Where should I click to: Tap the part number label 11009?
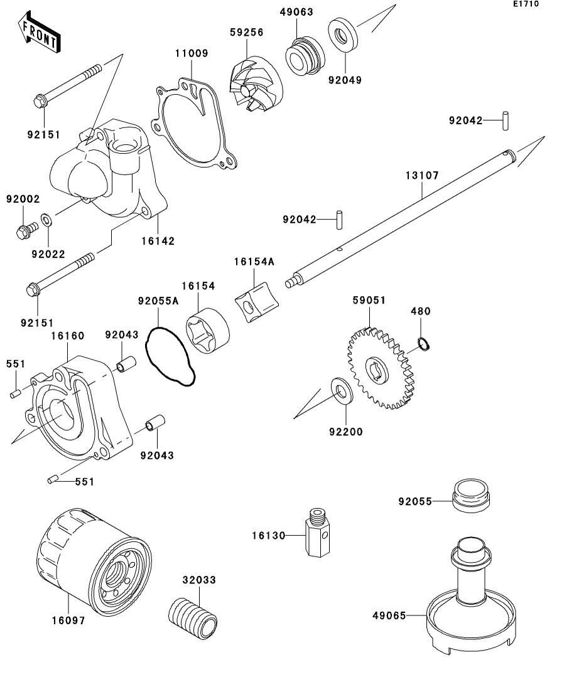(x=191, y=53)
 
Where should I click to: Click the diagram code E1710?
(x=526, y=4)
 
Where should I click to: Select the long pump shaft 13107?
(x=408, y=207)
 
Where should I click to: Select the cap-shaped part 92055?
(x=472, y=496)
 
